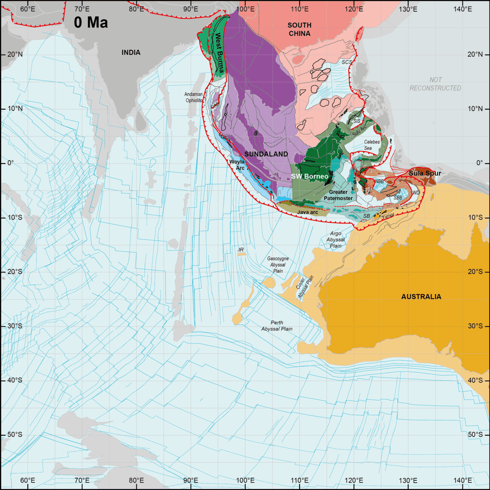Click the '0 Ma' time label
(x=91, y=22)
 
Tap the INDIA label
(x=131, y=52)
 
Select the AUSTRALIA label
(x=421, y=297)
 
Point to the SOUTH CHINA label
(x=300, y=29)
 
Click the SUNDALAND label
(x=266, y=154)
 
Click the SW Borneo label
(x=309, y=176)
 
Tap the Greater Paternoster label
(x=338, y=195)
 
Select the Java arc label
(x=307, y=212)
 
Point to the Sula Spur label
(x=425, y=173)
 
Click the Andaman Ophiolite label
(x=194, y=97)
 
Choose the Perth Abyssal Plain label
(x=277, y=326)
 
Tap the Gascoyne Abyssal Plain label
(x=278, y=265)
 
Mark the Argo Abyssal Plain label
(x=336, y=240)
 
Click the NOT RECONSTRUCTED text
(x=435, y=84)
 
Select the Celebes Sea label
(x=371, y=145)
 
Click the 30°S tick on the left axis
(x=15, y=326)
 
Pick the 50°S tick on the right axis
(x=475, y=434)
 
